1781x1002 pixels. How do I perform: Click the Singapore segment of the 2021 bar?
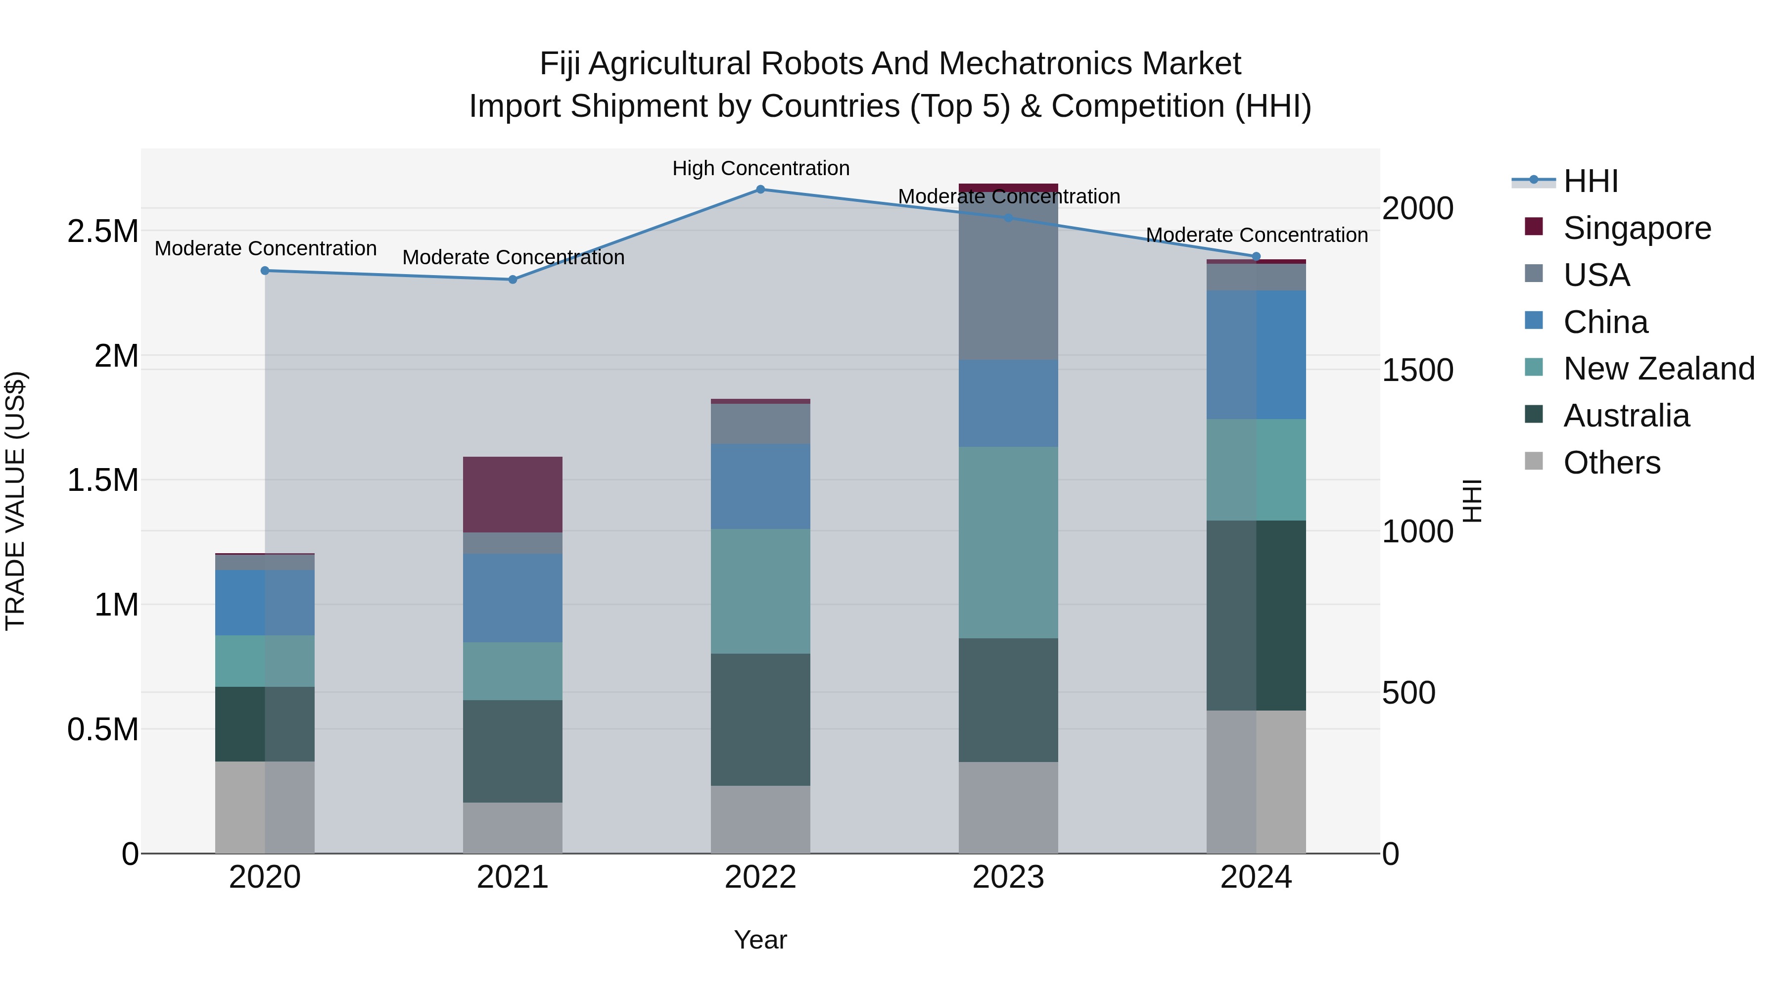coord(513,494)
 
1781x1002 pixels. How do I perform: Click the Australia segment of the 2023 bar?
coord(1008,699)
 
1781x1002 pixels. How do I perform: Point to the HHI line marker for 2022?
coord(760,189)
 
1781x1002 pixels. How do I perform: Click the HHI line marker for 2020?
coord(265,270)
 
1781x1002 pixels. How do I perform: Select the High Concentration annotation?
coord(760,168)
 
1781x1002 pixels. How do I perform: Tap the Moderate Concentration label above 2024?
coord(1256,235)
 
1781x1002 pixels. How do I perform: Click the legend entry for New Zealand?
coord(1658,369)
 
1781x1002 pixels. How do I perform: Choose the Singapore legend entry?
coord(1637,228)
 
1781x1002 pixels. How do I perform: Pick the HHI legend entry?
coord(1590,181)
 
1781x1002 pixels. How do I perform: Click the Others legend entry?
coord(1611,463)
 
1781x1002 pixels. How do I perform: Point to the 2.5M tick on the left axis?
coord(102,232)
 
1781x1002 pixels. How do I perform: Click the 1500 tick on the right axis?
coord(1417,370)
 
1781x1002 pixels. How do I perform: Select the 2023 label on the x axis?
coord(1008,877)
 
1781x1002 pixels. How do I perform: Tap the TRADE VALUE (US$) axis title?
coord(15,501)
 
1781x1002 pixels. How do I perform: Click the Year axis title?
coord(760,940)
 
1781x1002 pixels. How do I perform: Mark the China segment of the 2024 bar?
coord(1256,354)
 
